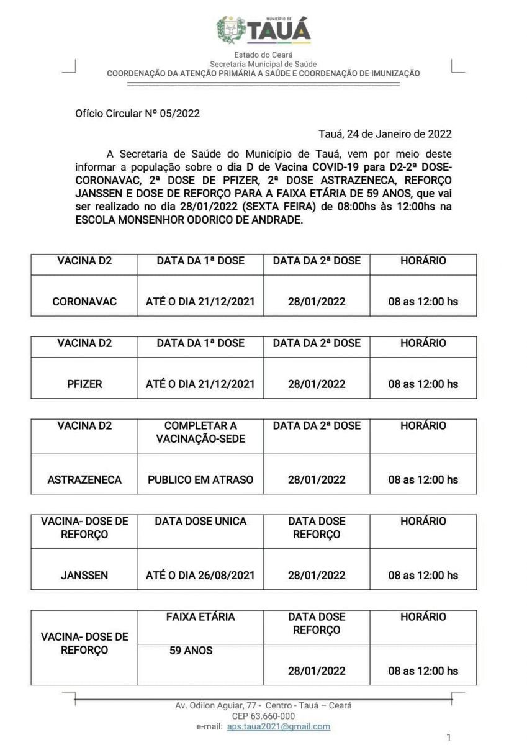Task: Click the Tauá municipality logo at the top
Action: (x=263, y=30)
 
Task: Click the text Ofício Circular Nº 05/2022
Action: (x=137, y=113)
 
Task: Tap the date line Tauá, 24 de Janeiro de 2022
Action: (x=385, y=133)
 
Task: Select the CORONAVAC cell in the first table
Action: (x=84, y=302)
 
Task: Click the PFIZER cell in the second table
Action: (x=84, y=384)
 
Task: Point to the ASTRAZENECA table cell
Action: (x=84, y=480)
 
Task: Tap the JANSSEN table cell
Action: (x=84, y=576)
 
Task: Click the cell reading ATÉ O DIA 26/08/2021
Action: (x=200, y=576)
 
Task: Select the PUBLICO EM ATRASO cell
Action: (x=200, y=480)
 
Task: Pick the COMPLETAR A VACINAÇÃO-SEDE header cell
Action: (x=200, y=432)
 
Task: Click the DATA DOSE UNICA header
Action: (x=200, y=521)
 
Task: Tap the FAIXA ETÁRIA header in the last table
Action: (x=200, y=617)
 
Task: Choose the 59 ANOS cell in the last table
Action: (x=191, y=651)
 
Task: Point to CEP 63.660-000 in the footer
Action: (x=263, y=716)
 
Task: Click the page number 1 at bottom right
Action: (x=449, y=738)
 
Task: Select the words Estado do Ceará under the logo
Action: (x=263, y=55)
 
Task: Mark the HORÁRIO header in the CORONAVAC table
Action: (x=423, y=261)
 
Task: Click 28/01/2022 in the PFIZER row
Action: (x=316, y=384)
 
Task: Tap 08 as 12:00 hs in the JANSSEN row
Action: (x=423, y=576)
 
